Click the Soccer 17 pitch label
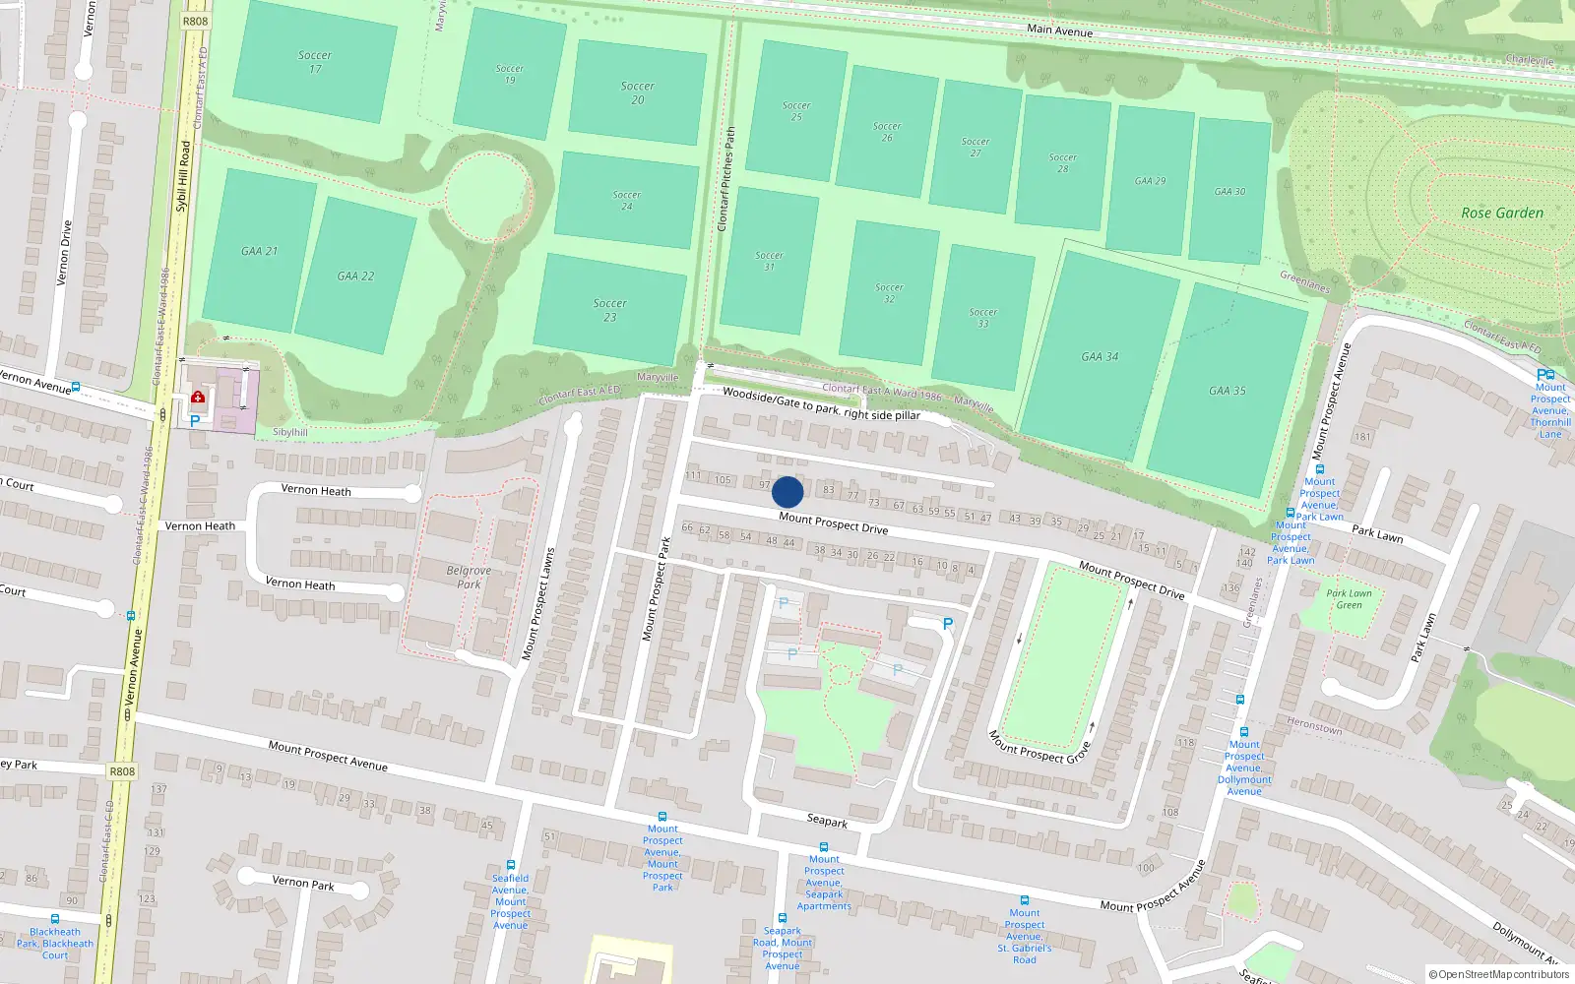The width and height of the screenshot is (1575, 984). [315, 62]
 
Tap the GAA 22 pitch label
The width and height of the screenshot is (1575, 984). [355, 277]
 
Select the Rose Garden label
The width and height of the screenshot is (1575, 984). [1502, 213]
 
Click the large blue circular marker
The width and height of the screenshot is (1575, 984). [787, 492]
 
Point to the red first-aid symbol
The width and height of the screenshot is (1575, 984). [198, 398]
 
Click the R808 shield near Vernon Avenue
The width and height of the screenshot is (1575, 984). [122, 771]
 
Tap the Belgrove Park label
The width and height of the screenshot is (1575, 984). [469, 577]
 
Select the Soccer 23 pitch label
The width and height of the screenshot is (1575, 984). [610, 310]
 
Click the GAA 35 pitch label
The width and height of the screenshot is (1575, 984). [1228, 391]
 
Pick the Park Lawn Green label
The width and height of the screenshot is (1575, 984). [1349, 598]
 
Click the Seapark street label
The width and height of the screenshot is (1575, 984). [827, 821]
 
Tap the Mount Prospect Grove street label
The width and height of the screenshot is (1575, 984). [1039, 747]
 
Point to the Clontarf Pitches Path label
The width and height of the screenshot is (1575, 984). [726, 179]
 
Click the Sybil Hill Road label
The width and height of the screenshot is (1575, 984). [183, 176]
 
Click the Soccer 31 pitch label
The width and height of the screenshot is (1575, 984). [769, 261]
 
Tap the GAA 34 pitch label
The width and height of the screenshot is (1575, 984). [1100, 357]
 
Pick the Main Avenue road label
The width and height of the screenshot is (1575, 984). [1059, 31]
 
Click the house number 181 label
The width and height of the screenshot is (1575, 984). [1362, 437]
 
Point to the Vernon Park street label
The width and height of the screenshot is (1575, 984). [303, 883]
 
